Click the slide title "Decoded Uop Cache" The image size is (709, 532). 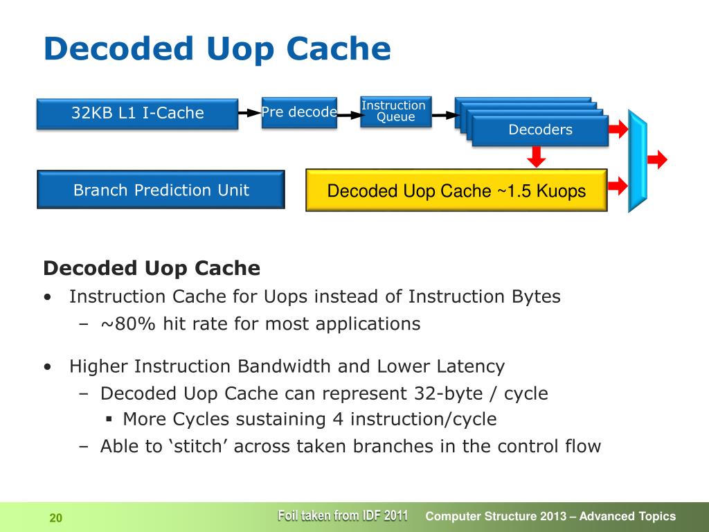tap(217, 49)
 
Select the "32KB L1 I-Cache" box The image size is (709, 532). tap(137, 114)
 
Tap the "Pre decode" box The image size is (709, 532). tap(299, 112)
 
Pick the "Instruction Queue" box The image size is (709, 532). tap(395, 112)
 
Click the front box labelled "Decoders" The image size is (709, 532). tap(540, 130)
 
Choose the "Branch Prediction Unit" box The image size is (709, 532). tap(161, 190)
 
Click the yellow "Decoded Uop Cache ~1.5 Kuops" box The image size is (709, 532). tap(456, 190)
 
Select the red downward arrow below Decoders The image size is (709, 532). tap(535, 157)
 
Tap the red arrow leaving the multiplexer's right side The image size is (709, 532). tap(657, 160)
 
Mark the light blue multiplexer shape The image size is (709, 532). tap(637, 161)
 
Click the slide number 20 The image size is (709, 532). tap(56, 517)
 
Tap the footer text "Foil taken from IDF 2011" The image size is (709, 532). tap(342, 515)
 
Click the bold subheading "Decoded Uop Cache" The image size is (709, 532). tap(152, 268)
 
